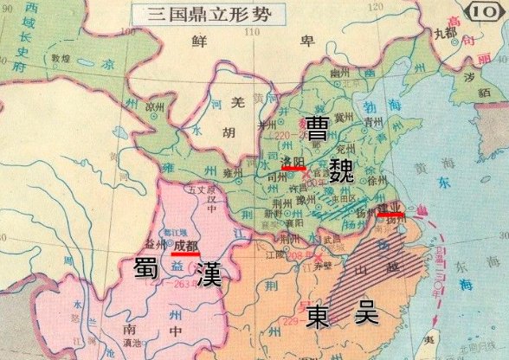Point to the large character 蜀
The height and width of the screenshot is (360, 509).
tap(145, 269)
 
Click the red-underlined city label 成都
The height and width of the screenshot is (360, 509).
tap(185, 247)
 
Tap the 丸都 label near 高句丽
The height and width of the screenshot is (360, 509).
tap(445, 34)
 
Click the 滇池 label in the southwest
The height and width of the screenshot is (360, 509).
tap(133, 344)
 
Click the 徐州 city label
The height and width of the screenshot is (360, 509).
tap(375, 181)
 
